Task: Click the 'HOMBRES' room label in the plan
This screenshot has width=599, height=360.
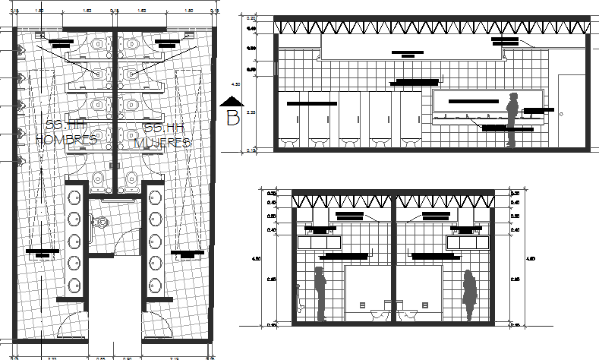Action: pyautogui.click(x=66, y=140)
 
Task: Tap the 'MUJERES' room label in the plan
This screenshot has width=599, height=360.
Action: pyautogui.click(x=162, y=141)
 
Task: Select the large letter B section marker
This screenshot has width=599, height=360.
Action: pyautogui.click(x=233, y=118)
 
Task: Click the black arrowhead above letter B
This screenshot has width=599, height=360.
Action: pyautogui.click(x=232, y=102)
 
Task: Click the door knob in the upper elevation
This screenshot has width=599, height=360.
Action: pyautogui.click(x=562, y=113)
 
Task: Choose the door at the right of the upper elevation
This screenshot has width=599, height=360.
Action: pyautogui.click(x=569, y=111)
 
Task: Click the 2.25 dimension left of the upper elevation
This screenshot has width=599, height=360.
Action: pyautogui.click(x=251, y=113)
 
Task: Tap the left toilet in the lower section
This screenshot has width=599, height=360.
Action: pyautogui.click(x=377, y=314)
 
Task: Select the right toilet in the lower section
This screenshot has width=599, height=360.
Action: pyautogui.click(x=410, y=314)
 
